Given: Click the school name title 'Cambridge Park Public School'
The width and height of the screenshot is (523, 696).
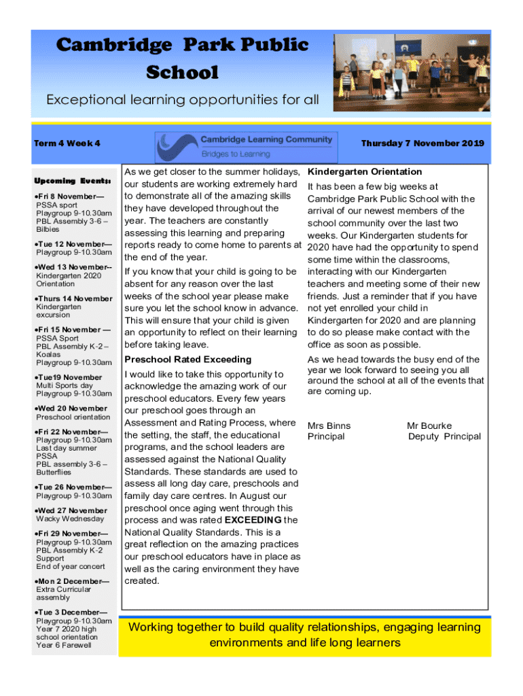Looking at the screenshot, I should [x=182, y=58].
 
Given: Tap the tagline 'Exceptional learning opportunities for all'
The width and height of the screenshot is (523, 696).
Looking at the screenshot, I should [x=182, y=100].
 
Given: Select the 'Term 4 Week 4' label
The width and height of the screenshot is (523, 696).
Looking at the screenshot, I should [x=67, y=143].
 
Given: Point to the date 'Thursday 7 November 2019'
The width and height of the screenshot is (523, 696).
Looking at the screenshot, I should [x=422, y=143].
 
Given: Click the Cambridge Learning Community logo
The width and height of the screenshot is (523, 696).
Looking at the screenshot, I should [x=246, y=145].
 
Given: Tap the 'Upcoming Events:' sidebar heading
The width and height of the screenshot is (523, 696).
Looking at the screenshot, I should [x=72, y=181].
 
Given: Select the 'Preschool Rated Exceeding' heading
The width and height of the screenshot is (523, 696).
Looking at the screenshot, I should [x=187, y=360].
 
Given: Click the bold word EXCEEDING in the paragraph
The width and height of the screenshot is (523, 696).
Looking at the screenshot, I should [x=253, y=521].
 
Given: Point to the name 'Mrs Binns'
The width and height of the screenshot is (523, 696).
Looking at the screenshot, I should [x=329, y=426].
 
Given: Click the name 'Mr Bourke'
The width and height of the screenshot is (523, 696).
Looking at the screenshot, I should [x=429, y=426].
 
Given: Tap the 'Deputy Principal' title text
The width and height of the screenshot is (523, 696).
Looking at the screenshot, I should [x=444, y=436].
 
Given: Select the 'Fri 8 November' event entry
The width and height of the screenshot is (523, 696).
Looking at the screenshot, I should [x=70, y=196].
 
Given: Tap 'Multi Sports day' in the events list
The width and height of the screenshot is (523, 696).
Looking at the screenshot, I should [x=65, y=385].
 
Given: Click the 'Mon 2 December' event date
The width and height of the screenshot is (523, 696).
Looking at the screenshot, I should [x=73, y=581].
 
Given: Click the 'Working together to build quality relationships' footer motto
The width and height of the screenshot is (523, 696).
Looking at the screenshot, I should [x=305, y=634].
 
